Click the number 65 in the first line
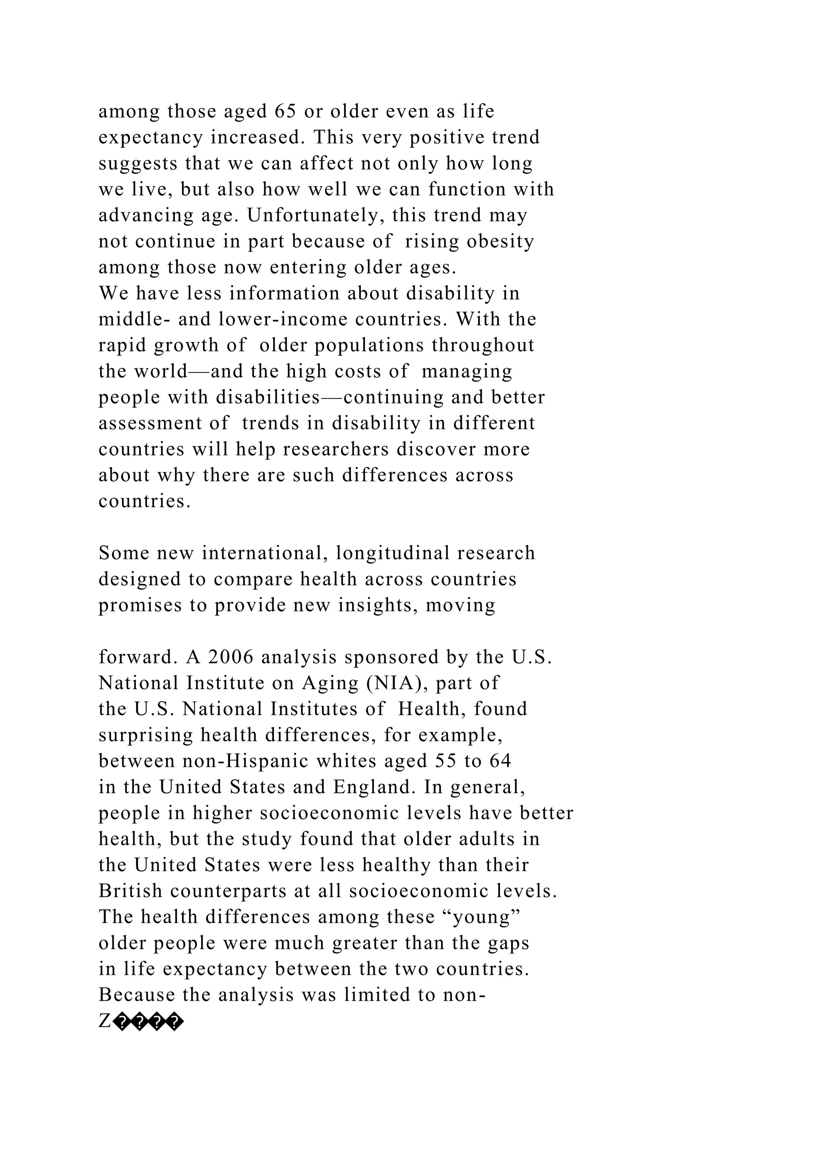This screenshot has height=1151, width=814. coord(286,111)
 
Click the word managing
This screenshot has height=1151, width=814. coord(467,372)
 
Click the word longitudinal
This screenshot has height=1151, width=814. coord(386,554)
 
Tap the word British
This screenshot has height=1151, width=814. coord(130,891)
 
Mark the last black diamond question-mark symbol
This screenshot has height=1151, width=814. coord(174,1022)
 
